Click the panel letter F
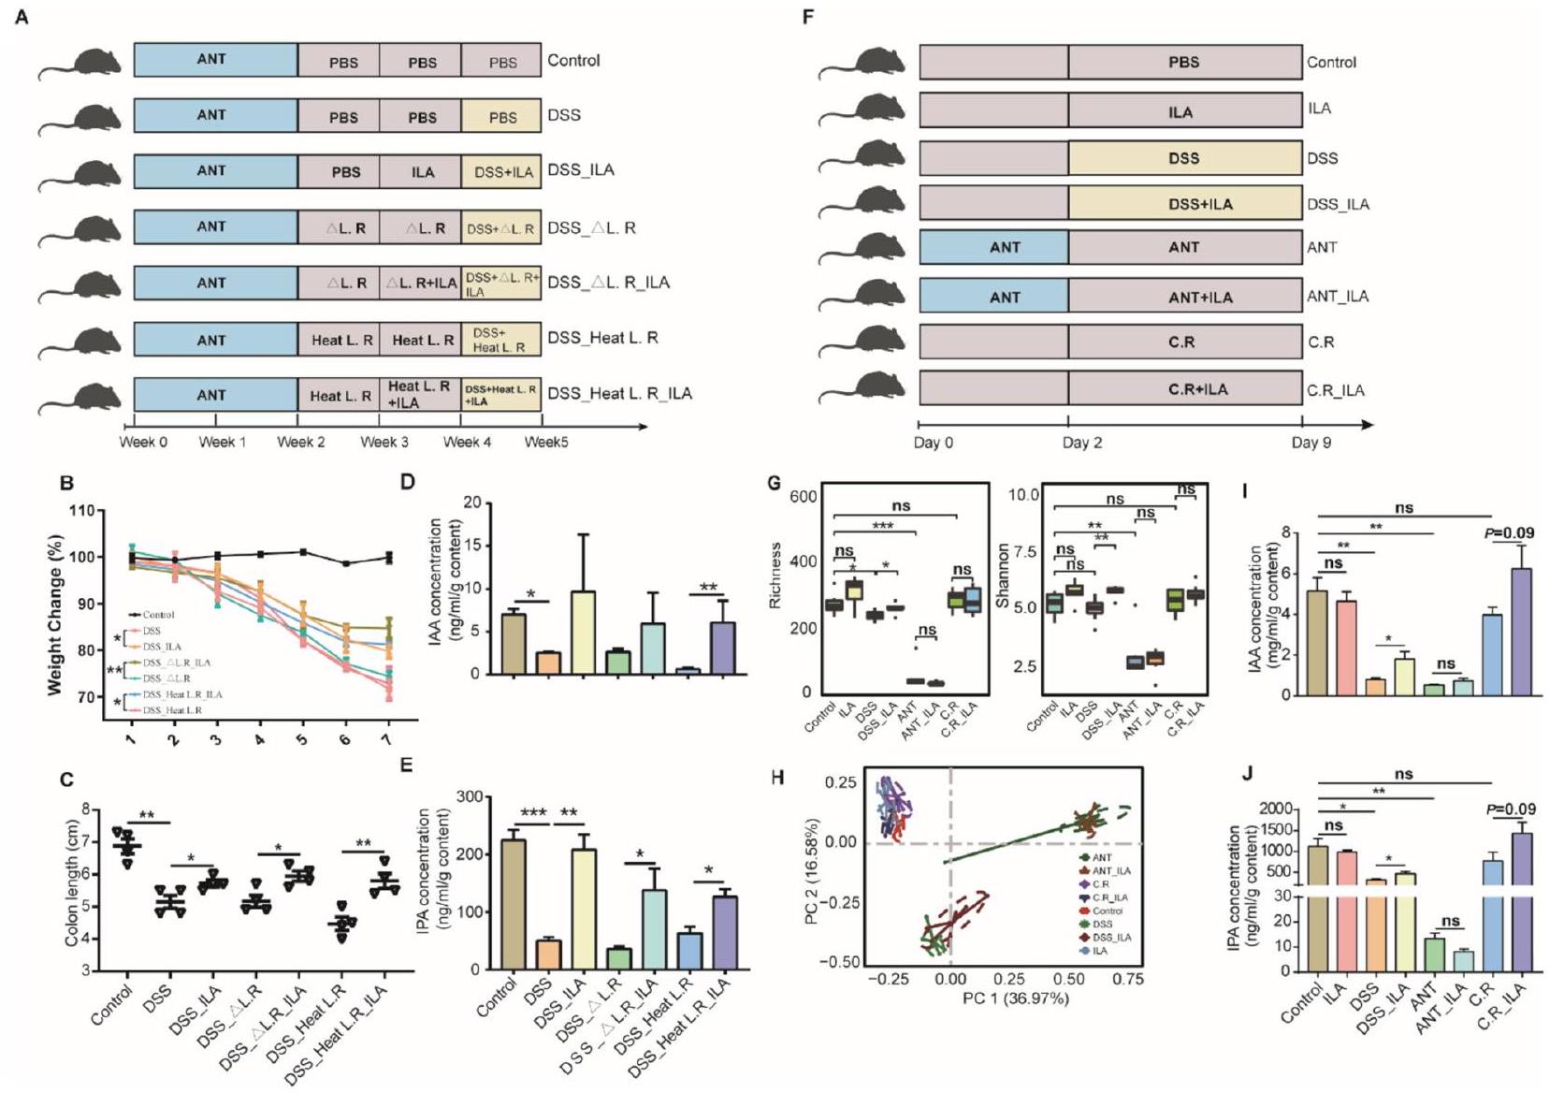point(808,17)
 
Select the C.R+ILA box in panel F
point(1185,389)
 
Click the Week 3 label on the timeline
point(384,442)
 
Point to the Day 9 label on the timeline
point(1311,443)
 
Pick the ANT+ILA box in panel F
point(1185,298)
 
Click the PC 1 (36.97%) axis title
point(1015,999)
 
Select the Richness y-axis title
point(775,575)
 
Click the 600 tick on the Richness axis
point(803,497)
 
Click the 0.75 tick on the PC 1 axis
point(1128,979)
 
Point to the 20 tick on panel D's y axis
point(472,503)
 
